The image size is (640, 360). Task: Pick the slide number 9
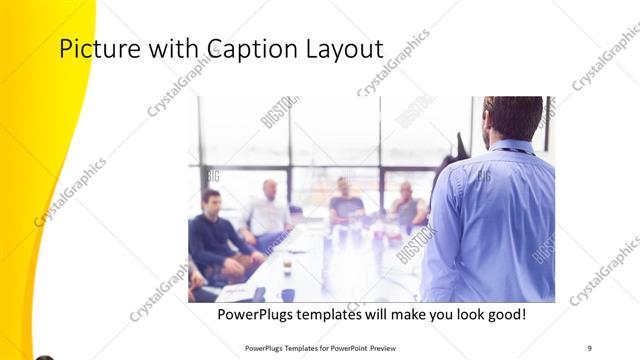click(590, 347)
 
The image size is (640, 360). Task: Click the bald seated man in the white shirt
click(268, 212)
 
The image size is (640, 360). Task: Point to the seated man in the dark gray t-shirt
click(346, 205)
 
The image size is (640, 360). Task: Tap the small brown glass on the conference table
click(287, 265)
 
